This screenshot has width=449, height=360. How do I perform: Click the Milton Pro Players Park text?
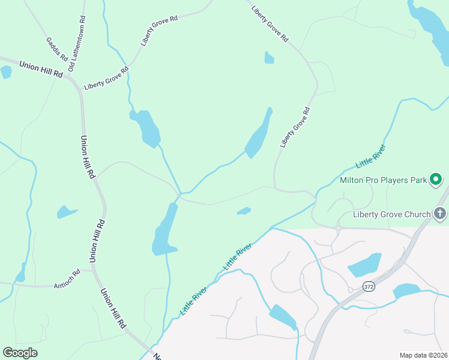pyautogui.click(x=383, y=179)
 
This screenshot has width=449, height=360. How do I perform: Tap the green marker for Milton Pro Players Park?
pyautogui.click(x=437, y=179)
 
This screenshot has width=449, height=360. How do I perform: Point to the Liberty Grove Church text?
pyautogui.click(x=392, y=214)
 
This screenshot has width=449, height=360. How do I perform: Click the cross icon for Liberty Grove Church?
pyautogui.click(x=440, y=214)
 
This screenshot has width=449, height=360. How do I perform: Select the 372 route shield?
pyautogui.click(x=370, y=287)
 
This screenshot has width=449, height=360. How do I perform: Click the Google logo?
pyautogui.click(x=20, y=352)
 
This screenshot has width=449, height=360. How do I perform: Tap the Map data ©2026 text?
pyautogui.click(x=424, y=355)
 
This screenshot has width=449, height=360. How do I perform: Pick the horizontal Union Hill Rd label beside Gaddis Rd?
pyautogui.click(x=41, y=68)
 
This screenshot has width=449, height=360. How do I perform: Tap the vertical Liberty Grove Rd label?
pyautogui.click(x=295, y=127)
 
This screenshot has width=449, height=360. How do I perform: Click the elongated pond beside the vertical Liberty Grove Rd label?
pyautogui.click(x=259, y=135)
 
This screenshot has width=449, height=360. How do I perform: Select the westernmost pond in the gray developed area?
pyautogui.click(x=282, y=316)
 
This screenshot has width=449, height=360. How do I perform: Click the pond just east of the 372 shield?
pyautogui.click(x=406, y=291)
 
